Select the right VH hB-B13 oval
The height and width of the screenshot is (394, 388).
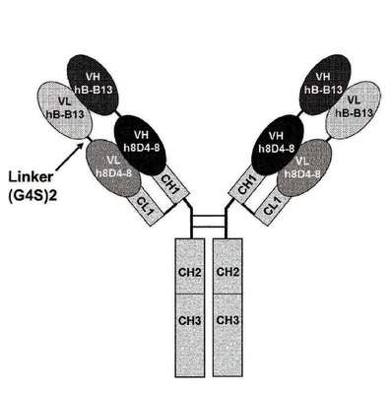point(325,84)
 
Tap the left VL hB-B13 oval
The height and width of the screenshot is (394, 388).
point(66,110)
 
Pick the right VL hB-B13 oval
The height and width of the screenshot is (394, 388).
point(354,110)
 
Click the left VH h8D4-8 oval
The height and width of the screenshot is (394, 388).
point(141,145)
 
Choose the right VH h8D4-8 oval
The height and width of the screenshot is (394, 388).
point(278,145)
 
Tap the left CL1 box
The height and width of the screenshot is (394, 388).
point(146,207)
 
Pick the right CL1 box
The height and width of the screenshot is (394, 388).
point(272,207)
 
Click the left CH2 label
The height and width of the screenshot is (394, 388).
point(189,272)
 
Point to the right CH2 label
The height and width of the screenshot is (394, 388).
point(227,272)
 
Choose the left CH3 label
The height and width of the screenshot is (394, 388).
point(189,320)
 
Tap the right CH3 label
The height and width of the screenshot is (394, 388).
point(227,320)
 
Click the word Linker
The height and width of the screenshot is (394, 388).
point(31,177)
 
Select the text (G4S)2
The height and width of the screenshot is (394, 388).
point(31,196)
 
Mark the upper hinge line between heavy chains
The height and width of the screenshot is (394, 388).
point(209,216)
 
